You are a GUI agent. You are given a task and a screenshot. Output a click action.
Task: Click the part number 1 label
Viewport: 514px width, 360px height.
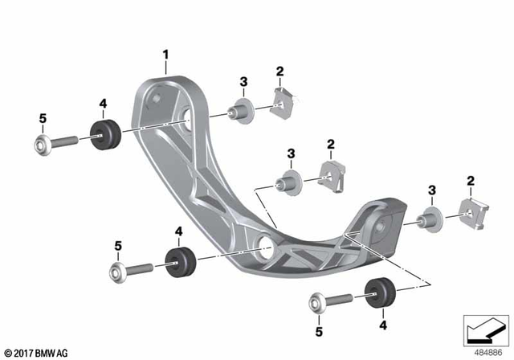[165, 55]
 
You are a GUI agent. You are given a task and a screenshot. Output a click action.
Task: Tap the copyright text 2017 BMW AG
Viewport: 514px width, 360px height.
[37, 353]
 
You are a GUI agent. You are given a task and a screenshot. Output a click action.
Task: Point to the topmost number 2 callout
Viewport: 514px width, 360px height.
[279, 72]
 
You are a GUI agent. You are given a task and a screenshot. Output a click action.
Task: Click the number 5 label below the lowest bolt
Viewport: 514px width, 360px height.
[318, 329]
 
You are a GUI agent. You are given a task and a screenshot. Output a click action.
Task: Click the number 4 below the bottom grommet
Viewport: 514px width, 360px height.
[383, 325]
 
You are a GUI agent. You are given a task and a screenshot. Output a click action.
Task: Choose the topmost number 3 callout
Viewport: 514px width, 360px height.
[243, 80]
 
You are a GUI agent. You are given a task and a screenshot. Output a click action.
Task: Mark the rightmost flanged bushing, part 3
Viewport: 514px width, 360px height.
[430, 217]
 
